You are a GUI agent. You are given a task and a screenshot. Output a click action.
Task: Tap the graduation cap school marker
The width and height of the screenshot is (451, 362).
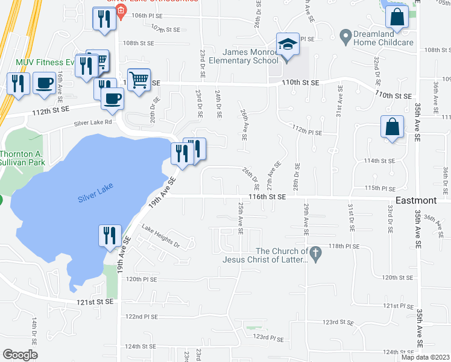point(288,46)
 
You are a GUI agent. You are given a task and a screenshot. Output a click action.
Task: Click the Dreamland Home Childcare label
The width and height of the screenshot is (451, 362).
point(383,37)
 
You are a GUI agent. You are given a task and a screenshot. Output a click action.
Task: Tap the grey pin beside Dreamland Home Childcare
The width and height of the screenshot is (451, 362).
point(345,37)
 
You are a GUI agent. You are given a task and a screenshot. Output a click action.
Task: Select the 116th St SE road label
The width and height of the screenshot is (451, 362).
point(267,197)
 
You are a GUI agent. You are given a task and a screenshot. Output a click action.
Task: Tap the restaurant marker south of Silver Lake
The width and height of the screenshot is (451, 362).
point(109,236)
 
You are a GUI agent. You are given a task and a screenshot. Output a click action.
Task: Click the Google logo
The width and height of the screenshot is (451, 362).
point(20,355)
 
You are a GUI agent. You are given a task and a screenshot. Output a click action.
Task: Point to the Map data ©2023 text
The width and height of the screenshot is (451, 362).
point(426,357)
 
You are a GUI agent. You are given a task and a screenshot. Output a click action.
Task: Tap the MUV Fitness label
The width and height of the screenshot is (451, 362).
point(40,62)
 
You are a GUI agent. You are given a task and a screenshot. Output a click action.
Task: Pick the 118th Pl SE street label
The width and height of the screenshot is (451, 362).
point(344,246)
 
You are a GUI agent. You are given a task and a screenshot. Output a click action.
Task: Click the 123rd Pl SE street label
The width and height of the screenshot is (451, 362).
point(268,337)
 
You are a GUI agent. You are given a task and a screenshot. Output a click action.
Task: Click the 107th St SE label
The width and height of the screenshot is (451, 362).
point(166,29)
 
